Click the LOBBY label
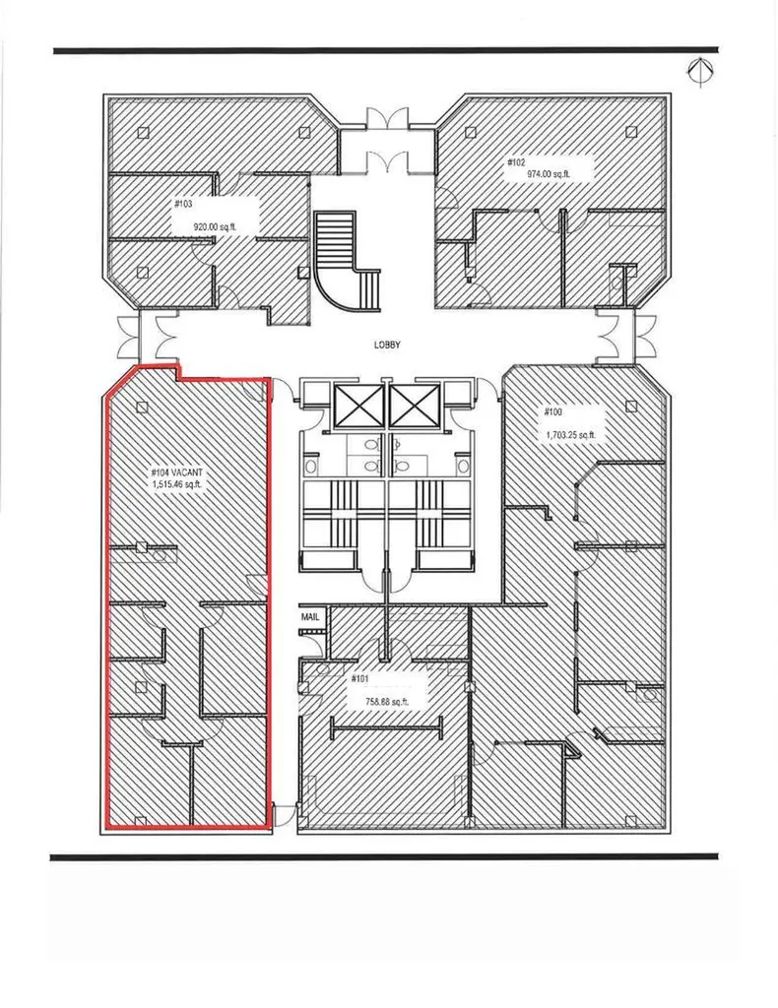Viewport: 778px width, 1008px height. [387, 346]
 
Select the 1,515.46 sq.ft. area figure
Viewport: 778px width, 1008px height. [177, 484]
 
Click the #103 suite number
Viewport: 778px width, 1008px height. [183, 204]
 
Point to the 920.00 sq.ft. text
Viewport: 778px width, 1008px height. [216, 226]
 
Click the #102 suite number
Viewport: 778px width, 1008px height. [516, 162]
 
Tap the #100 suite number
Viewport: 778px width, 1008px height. [552, 411]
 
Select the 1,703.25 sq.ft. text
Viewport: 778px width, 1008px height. [571, 435]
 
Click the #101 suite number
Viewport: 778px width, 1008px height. [360, 679]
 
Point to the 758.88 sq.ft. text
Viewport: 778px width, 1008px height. [387, 702]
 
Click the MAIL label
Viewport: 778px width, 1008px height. [310, 617]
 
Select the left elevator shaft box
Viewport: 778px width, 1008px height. [355, 406]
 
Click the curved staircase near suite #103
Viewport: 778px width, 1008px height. [348, 264]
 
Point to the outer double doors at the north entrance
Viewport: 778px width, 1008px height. [386, 118]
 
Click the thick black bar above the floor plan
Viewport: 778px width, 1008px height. [386, 50]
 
